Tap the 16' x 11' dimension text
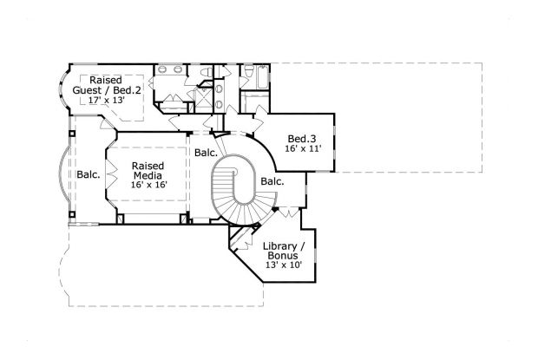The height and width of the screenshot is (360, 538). click(x=303, y=148)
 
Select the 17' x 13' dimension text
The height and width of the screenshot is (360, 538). click(x=108, y=100)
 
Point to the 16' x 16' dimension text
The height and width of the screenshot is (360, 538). click(x=148, y=185)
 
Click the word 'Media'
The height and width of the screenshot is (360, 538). click(x=148, y=174)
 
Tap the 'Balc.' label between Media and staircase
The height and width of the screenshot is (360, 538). click(x=206, y=153)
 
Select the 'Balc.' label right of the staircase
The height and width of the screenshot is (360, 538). click(x=272, y=181)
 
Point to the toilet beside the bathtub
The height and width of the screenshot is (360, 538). click(x=246, y=71)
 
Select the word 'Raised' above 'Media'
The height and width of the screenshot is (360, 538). click(x=148, y=165)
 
